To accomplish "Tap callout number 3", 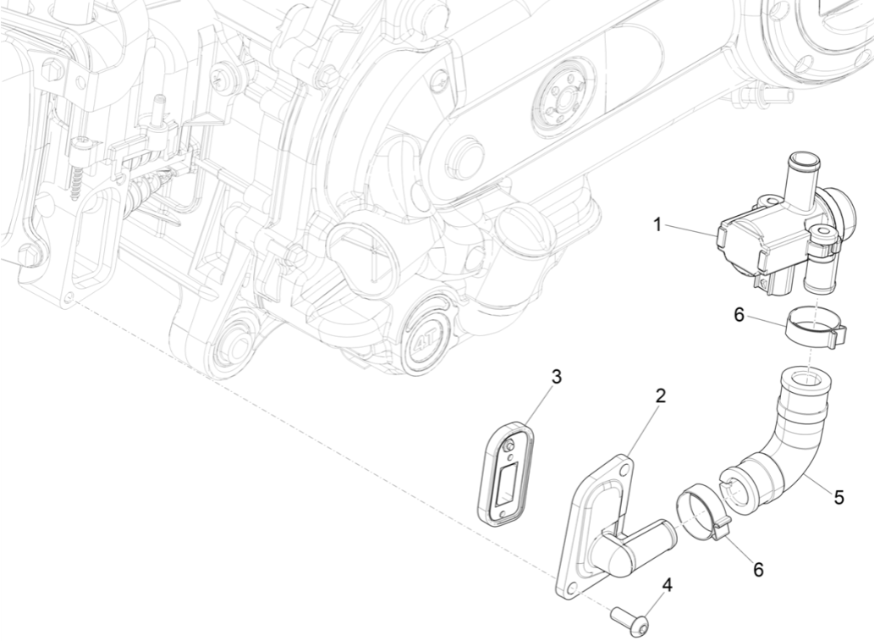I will [x=556, y=376].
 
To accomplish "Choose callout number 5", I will [x=838, y=497].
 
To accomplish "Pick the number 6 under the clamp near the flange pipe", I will [x=758, y=570].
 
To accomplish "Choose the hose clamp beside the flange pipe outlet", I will [x=701, y=513].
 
